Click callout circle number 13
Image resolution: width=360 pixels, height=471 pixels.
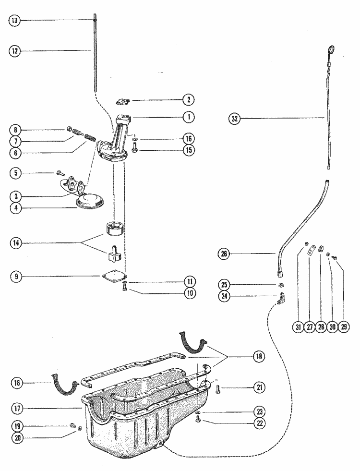(x=14, y=21)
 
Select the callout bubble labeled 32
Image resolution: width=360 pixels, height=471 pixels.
(x=235, y=119)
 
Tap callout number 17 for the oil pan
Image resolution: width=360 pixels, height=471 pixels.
(x=17, y=409)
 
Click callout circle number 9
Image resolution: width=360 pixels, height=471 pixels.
(x=16, y=277)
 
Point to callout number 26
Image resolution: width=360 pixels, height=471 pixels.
(x=224, y=254)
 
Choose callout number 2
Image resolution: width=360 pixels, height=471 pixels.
(x=189, y=100)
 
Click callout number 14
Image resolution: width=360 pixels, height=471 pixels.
(x=16, y=243)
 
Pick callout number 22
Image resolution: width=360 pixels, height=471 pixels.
(x=260, y=423)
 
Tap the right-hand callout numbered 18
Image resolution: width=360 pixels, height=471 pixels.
(x=259, y=356)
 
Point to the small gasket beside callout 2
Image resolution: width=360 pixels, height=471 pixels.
(x=123, y=102)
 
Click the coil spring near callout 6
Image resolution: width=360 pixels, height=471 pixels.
(x=91, y=138)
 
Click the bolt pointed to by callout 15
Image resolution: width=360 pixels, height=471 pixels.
(x=134, y=148)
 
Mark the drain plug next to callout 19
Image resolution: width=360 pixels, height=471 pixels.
(x=72, y=425)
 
